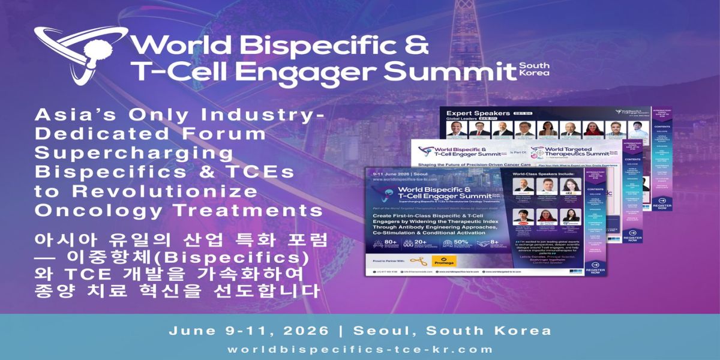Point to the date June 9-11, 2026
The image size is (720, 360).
(248, 331)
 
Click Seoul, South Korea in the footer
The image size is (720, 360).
(452, 331)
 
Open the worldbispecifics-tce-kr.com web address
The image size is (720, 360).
(360, 349)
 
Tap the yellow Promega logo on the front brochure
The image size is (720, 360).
(445, 262)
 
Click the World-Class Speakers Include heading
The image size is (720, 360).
(542, 175)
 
